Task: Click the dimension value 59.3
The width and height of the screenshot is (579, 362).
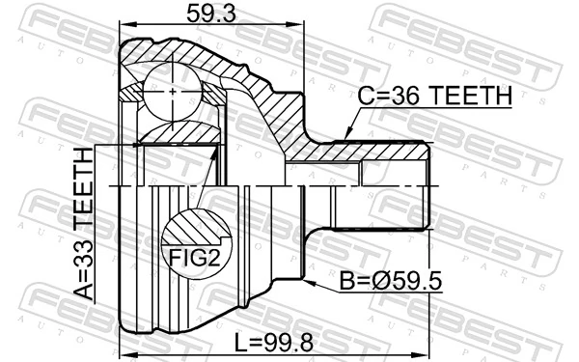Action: pyautogui.click(x=209, y=14)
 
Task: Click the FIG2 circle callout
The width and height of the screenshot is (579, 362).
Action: pyautogui.click(x=197, y=240)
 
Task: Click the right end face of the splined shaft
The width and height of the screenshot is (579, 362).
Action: pyautogui.click(x=427, y=183)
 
